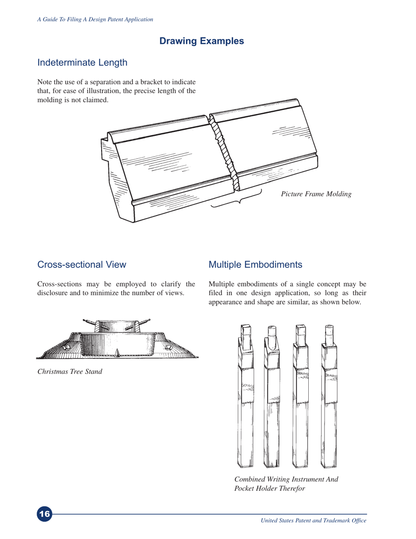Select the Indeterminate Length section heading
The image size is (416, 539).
[82, 62]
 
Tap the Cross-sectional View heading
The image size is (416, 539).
[82, 265]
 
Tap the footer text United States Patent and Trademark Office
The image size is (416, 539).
[313, 520]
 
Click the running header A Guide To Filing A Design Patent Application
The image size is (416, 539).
[95, 19]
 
